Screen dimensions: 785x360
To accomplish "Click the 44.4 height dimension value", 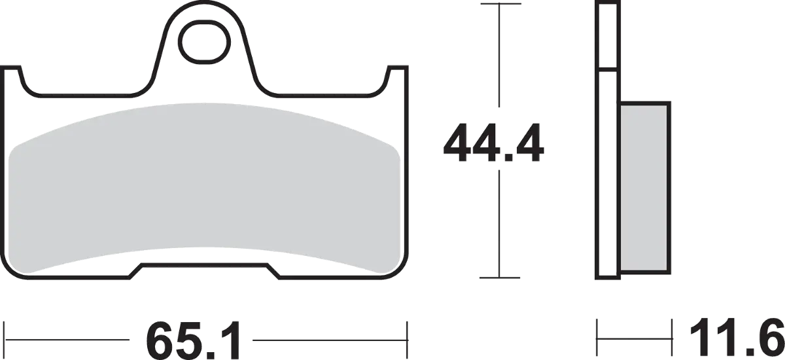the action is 493,143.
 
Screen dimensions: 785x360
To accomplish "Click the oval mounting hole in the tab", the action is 205,42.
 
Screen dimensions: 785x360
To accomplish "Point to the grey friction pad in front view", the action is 204,189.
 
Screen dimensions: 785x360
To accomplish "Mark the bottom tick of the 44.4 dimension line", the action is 500,278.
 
